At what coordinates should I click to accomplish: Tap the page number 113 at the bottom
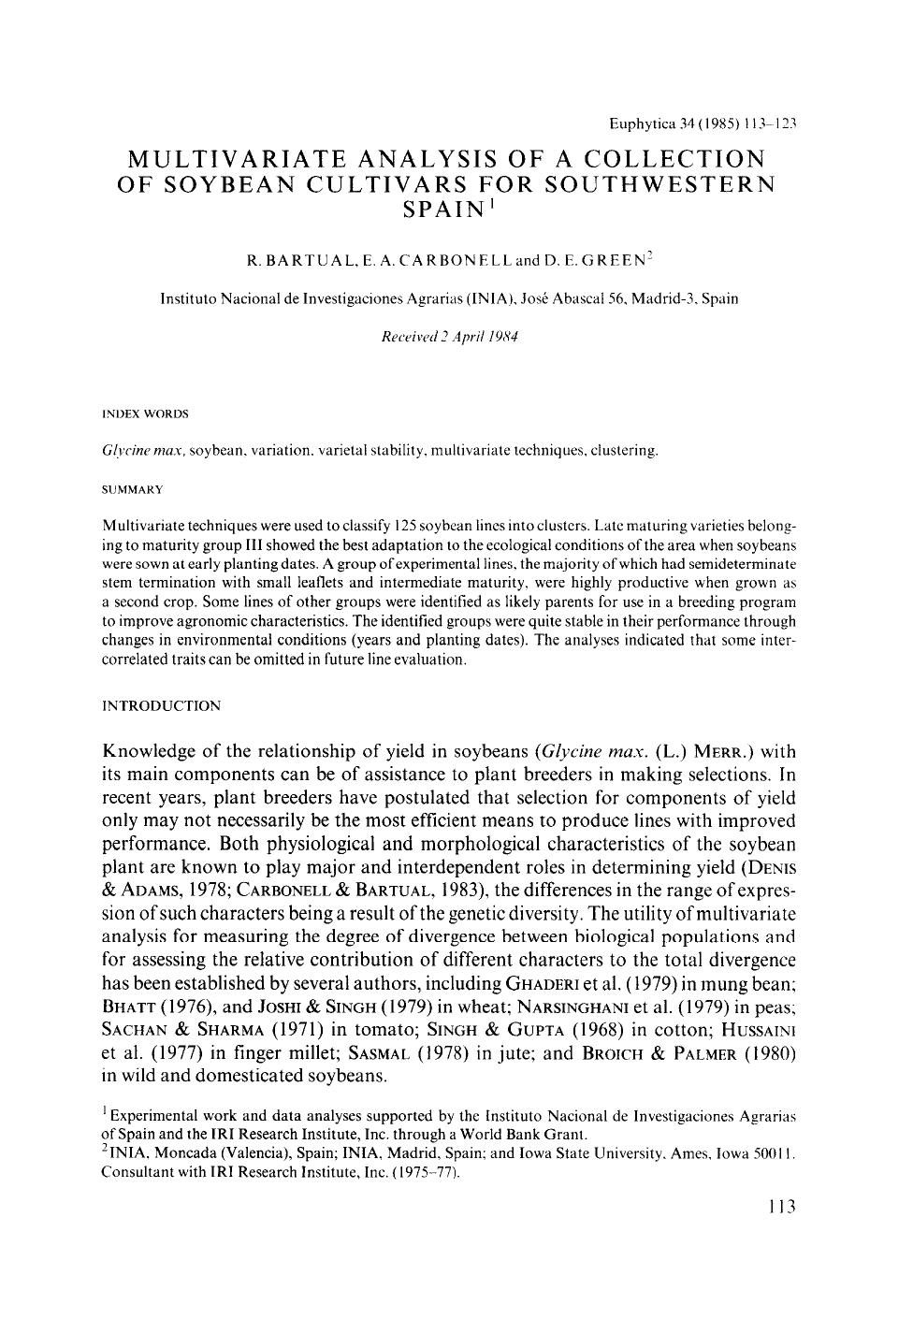(778, 1207)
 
